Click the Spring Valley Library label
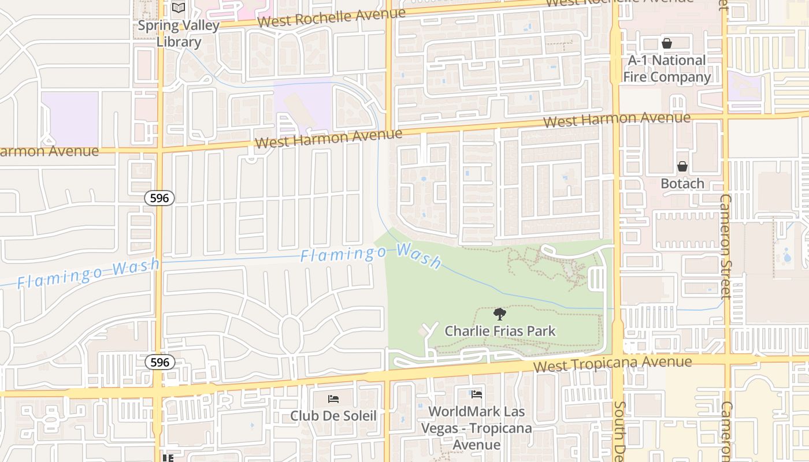179,33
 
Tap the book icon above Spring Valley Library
179,8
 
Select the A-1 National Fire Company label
667,69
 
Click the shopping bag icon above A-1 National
667,43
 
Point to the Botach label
682,184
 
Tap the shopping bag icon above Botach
682,166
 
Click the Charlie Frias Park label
500,331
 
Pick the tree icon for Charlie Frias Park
500,314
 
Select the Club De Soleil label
333,416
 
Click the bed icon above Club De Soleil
333,398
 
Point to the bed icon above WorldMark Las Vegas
477,394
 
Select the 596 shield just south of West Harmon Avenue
159,198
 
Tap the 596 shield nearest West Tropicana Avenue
159,362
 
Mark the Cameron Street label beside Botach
725,247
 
